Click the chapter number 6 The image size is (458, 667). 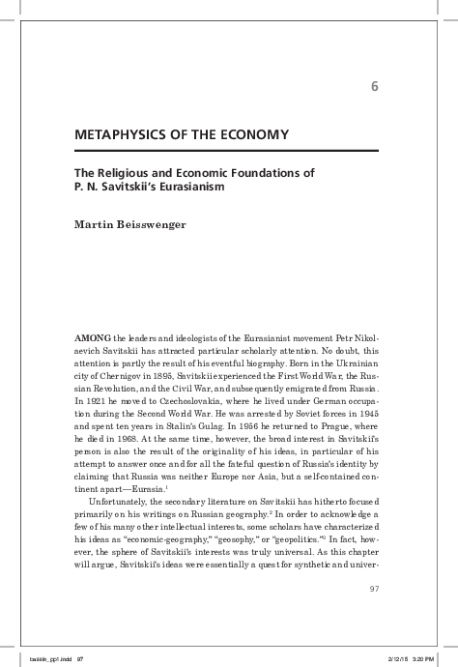coord(373,90)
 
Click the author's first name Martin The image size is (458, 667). coord(96,225)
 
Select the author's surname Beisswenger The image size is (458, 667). coord(158,225)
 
